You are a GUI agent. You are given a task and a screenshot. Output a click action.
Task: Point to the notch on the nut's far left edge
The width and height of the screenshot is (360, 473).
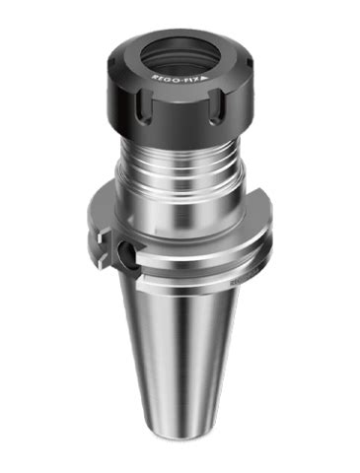(111, 62)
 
